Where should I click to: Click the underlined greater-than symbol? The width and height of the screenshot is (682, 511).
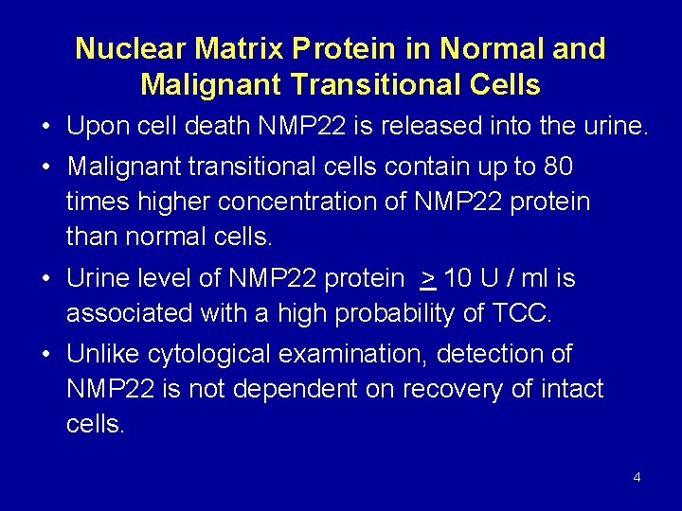428,278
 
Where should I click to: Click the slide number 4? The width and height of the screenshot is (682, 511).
637,477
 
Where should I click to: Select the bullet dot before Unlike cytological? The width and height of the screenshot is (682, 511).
45,356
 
